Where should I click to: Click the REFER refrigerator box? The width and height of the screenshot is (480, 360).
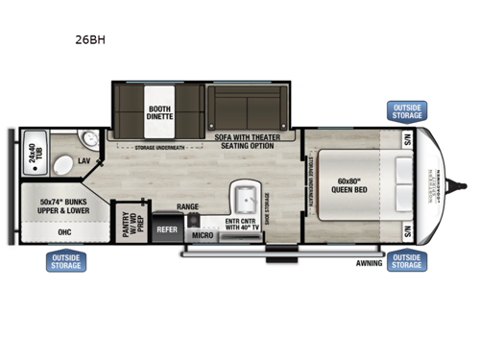tap(167, 229)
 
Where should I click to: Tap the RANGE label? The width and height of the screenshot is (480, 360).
tap(187, 206)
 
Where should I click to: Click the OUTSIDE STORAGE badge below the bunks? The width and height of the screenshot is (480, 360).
tap(65, 260)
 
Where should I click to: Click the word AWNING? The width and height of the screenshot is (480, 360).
tap(368, 261)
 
